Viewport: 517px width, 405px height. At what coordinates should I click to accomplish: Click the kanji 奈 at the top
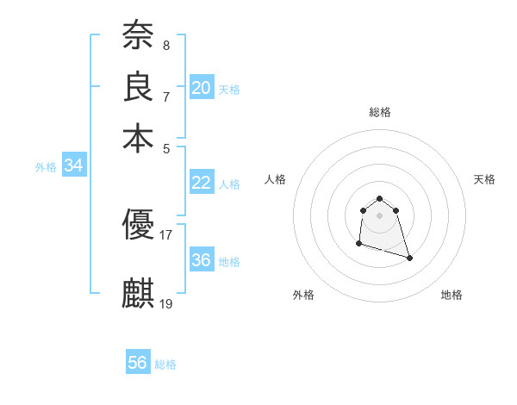click(138, 36)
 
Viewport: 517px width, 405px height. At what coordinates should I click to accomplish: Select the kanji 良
click(138, 87)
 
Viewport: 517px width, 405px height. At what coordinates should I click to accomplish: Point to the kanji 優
click(138, 226)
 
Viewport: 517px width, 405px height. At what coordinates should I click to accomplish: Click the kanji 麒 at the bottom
click(138, 293)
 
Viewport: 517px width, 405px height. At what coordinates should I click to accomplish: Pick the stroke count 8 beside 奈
click(166, 45)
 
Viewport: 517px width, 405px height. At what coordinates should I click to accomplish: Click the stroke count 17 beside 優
click(166, 234)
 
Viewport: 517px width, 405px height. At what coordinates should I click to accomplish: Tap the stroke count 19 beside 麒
click(166, 302)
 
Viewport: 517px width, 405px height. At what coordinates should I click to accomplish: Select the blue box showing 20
click(202, 87)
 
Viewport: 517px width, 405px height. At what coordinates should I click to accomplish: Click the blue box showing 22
click(202, 183)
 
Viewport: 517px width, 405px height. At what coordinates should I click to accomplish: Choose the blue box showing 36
click(202, 260)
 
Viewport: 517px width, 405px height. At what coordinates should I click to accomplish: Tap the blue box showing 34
click(73, 166)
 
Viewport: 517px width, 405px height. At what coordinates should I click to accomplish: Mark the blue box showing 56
click(138, 363)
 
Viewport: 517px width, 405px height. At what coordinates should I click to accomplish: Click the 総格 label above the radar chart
click(379, 112)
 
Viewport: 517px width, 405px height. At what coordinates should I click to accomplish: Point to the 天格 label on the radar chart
click(484, 179)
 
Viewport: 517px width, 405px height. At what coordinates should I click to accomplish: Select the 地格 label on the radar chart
click(452, 295)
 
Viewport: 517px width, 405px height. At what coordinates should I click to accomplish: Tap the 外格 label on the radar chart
click(303, 295)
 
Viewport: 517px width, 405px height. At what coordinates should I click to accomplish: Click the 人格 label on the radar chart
click(276, 179)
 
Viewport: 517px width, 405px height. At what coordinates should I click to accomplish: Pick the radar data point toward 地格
click(409, 258)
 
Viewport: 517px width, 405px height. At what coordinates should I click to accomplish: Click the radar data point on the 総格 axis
click(379, 199)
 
